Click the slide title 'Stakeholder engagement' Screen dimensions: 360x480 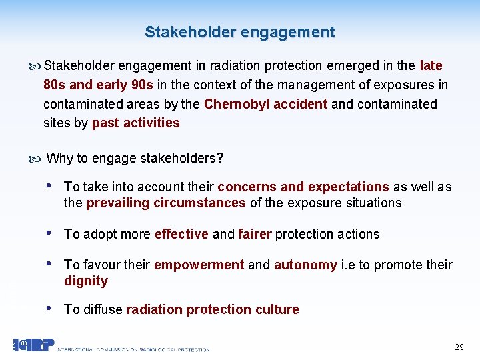[240, 32]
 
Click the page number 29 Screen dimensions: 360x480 [459, 347]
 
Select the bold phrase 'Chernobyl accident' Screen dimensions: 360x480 [265, 104]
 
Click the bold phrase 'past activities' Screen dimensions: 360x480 [136, 123]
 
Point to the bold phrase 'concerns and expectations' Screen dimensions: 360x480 [303, 187]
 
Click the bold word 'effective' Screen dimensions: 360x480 [181, 234]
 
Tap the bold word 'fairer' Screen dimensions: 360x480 [255, 234]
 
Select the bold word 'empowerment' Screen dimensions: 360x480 [199, 265]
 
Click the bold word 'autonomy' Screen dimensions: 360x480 [305, 265]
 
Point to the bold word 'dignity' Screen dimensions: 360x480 [86, 281]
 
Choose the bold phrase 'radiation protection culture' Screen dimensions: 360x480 [213, 309]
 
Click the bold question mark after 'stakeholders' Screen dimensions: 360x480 [221, 159]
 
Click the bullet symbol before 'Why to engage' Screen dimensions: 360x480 [35, 159]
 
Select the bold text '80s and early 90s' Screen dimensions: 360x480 [99, 85]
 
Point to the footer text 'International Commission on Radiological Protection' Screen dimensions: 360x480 [133, 349]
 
